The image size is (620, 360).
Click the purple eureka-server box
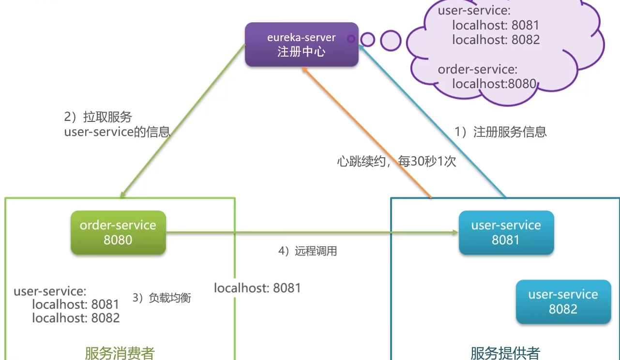[x=302, y=44]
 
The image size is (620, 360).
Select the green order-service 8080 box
[x=118, y=232]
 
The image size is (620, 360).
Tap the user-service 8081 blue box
[x=506, y=232]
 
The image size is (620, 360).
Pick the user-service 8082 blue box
[x=563, y=301]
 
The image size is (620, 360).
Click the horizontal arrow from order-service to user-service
[x=310, y=233]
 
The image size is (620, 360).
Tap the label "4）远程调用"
[x=307, y=251]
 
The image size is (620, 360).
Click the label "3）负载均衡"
[x=162, y=298]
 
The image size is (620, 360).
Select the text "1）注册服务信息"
[x=500, y=132]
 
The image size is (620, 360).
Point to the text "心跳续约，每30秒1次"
[x=396, y=161]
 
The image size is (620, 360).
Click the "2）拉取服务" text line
[x=98, y=117]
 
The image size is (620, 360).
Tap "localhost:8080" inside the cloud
[x=494, y=84]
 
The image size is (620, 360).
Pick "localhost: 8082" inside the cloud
[x=496, y=40]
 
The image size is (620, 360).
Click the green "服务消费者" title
[x=120, y=353]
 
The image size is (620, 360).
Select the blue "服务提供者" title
[x=505, y=353]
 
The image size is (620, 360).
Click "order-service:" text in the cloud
[x=477, y=69]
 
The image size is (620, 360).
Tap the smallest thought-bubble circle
[x=351, y=39]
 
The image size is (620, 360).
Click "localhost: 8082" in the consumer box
[x=76, y=318]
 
